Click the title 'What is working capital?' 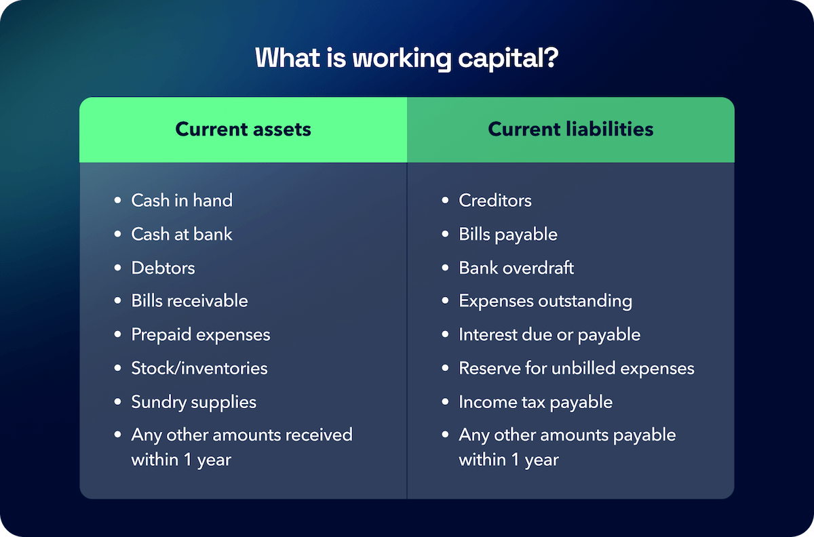coord(406,58)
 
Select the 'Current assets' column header coord(243,130)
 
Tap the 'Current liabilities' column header coord(570,130)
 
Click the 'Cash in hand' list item coord(182,201)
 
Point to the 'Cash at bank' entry coord(182,235)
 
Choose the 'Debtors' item coord(163,268)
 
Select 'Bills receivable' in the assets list coord(189,301)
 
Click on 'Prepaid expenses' coord(201,335)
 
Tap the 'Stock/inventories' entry coord(199,368)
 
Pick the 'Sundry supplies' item coord(194,402)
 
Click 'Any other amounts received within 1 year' coord(241,447)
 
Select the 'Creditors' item coord(495,201)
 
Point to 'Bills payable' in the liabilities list coord(508,235)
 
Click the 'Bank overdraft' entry coord(516,268)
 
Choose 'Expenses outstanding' coord(545,301)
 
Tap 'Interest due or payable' coord(549,335)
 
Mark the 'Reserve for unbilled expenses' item coord(577,368)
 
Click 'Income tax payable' coord(535,402)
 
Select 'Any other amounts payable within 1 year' coord(567,447)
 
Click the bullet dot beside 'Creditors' coord(445,201)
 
